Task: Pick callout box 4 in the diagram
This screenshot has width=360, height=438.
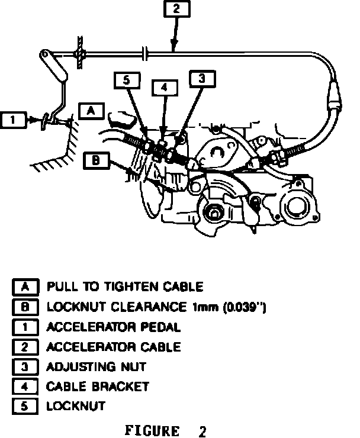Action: pos(165,88)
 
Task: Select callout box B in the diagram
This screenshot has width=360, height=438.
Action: pos(95,159)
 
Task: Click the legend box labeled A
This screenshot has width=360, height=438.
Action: pos(25,287)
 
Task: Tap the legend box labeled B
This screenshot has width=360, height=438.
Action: pos(25,307)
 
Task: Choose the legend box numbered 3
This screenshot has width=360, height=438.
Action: pos(25,366)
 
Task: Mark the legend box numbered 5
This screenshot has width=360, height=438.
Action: pos(25,406)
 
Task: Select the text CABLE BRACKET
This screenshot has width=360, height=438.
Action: pos(98,387)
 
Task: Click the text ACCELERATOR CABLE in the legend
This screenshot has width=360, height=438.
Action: pos(114,347)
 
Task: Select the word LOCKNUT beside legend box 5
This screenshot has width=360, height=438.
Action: pos(76,406)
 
